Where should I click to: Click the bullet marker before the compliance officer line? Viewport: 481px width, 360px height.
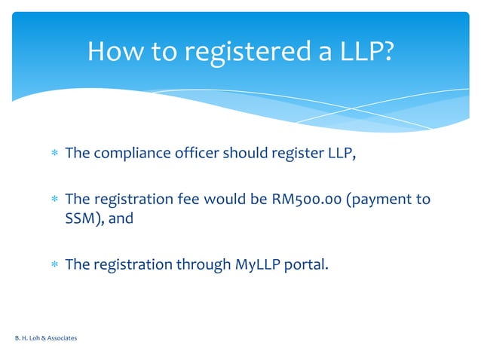click(54, 154)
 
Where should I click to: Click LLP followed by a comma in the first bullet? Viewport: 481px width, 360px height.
click(339, 154)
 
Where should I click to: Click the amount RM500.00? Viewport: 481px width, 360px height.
click(307, 200)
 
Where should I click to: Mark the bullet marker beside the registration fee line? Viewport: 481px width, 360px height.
click(54, 200)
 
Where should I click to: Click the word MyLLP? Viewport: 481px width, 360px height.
click(253, 264)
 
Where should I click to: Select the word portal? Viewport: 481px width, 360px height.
click(306, 264)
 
